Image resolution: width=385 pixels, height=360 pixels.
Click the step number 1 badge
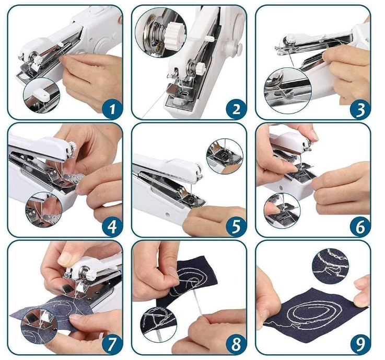pyautogui.click(x=112, y=109)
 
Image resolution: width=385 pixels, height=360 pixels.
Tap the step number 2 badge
pyautogui.click(x=236, y=109)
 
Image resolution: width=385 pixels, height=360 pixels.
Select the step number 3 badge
pyautogui.click(x=360, y=109)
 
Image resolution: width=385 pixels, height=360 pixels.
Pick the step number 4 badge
pyautogui.click(x=112, y=226)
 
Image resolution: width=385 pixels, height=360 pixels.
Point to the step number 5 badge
pyautogui.click(x=236, y=226)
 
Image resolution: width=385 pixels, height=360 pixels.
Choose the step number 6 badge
pyautogui.click(x=360, y=226)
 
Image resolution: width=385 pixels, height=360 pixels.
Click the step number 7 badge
pyautogui.click(x=112, y=344)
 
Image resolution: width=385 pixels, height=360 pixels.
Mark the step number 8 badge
pyautogui.click(x=236, y=344)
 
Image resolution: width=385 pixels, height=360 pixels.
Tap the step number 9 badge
pyautogui.click(x=360, y=344)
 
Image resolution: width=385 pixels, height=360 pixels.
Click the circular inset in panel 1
pyautogui.click(x=41, y=95)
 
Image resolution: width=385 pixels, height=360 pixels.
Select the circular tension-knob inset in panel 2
pyautogui.click(x=160, y=33)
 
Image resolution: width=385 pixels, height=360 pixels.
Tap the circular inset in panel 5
pyautogui.click(x=225, y=155)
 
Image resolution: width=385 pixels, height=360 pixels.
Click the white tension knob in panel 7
pyautogui.click(x=90, y=274)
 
